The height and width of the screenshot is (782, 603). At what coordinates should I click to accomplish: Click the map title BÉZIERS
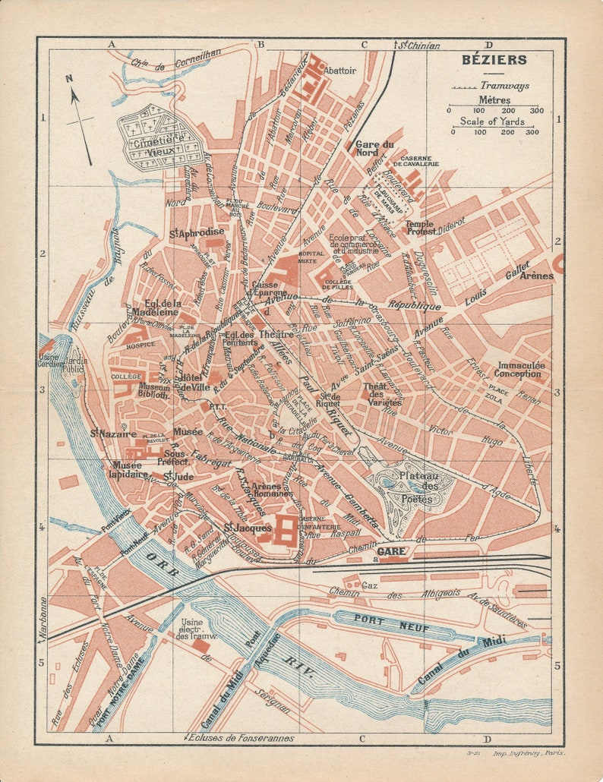click(x=494, y=60)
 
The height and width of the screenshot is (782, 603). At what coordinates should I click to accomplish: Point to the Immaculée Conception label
click(x=520, y=369)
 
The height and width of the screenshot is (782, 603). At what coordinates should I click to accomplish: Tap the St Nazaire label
click(x=108, y=434)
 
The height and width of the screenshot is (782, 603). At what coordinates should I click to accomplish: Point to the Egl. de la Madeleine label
click(x=155, y=307)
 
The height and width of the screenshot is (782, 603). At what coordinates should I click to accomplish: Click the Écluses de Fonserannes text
click(x=242, y=737)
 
